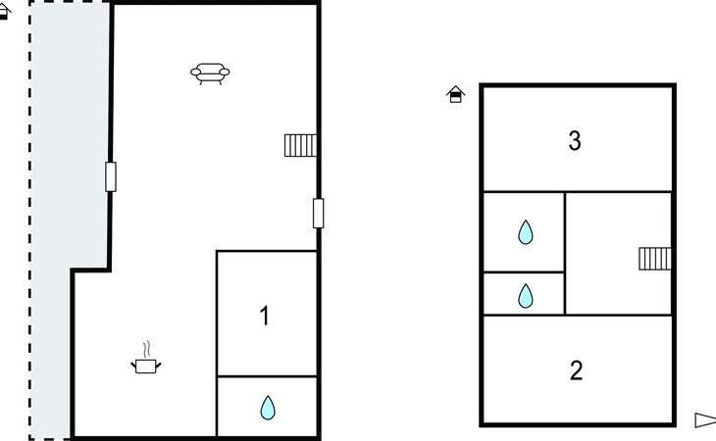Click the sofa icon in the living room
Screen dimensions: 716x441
click(210, 73)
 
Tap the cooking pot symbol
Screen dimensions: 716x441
click(146, 366)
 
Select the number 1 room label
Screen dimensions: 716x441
click(265, 316)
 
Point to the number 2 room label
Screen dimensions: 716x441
click(577, 370)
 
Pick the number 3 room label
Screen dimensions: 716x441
click(575, 140)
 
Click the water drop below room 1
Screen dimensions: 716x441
click(268, 408)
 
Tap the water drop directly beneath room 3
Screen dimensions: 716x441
click(526, 232)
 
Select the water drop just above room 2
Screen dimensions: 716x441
click(526, 296)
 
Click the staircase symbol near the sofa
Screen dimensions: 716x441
click(300, 145)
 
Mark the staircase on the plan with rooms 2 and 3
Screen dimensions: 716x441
click(655, 259)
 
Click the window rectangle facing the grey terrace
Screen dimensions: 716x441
click(111, 176)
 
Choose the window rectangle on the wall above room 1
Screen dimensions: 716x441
click(318, 213)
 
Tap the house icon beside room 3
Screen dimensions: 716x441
click(456, 94)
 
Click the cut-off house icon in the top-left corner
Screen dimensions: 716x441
click(4, 11)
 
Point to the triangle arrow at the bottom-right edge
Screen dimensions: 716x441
click(705, 420)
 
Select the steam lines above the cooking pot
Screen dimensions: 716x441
click(146, 350)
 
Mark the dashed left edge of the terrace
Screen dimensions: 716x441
click(30, 220)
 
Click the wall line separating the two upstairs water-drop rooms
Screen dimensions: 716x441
click(524, 272)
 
